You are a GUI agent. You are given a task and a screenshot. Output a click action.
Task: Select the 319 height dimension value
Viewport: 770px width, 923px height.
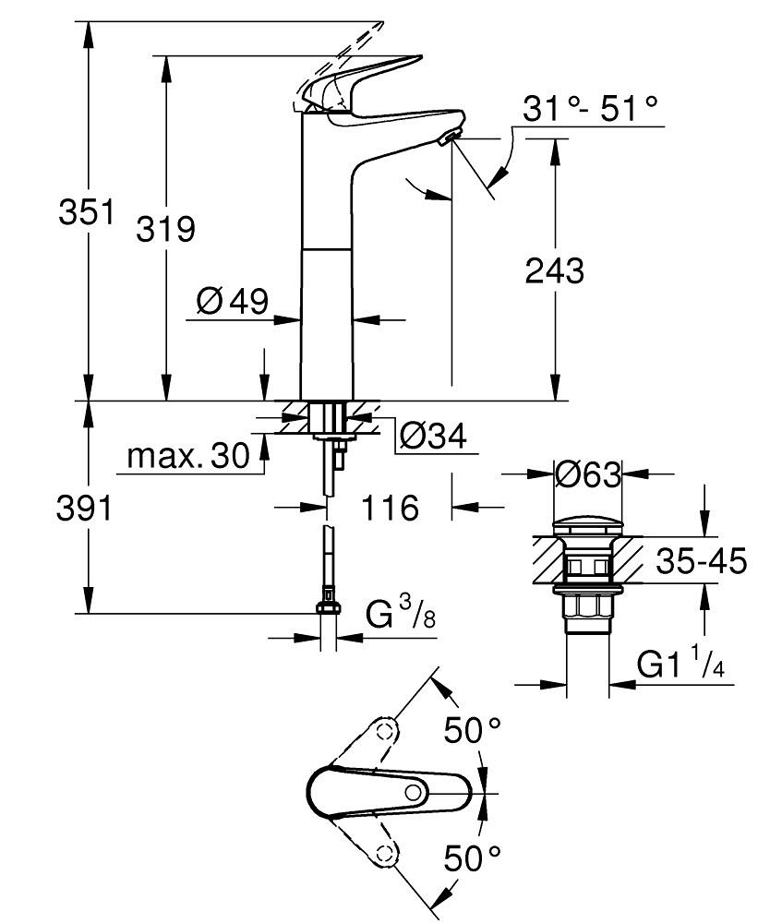[166, 228]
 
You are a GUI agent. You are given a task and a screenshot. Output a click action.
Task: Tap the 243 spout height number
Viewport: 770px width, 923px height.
[554, 270]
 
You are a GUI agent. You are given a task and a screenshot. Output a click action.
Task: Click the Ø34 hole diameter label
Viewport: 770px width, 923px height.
[433, 434]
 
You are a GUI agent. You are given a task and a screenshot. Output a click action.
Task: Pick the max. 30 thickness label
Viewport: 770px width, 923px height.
[188, 455]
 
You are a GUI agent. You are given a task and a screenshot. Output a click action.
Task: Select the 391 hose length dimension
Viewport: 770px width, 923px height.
[85, 508]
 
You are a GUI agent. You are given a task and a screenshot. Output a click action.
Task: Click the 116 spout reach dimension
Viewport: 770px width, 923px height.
[389, 508]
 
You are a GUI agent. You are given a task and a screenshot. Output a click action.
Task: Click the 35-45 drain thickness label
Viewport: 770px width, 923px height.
[701, 560]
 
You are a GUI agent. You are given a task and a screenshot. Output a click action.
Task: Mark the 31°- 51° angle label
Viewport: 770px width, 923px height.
[591, 107]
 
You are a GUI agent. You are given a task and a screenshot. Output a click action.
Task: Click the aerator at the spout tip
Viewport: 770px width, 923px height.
[450, 138]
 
